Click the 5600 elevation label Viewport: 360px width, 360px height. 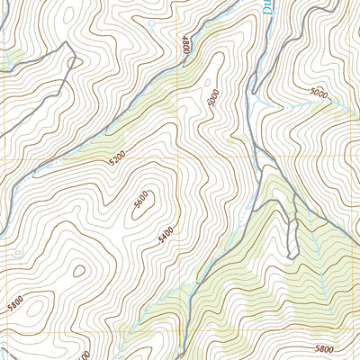tap(141, 205)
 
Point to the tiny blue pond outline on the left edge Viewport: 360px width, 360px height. tap(17, 251)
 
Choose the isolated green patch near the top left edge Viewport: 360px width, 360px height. tap(13, 61)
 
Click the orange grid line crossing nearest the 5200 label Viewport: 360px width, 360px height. tap(179, 157)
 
